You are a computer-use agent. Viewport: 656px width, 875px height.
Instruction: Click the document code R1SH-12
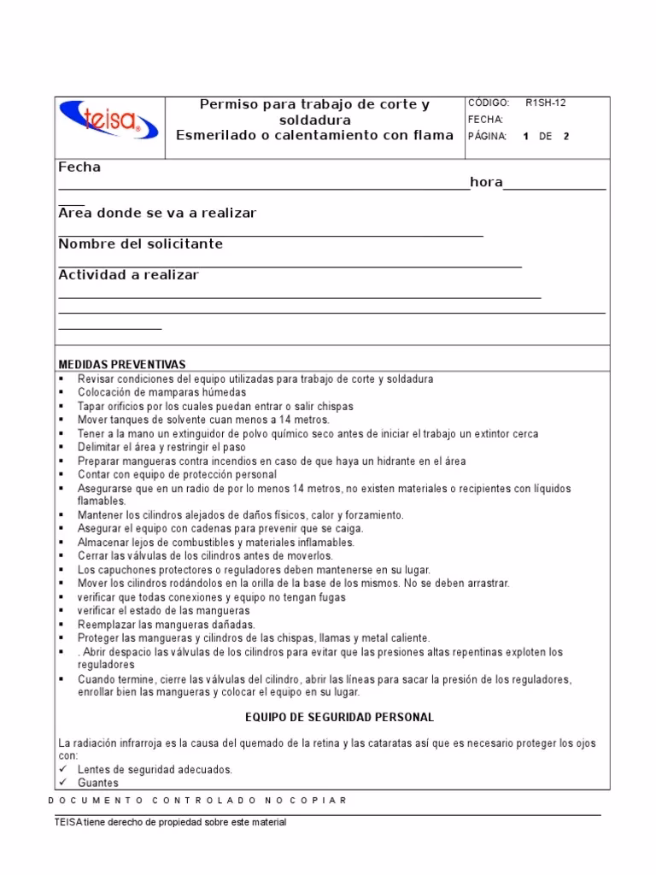[545, 103]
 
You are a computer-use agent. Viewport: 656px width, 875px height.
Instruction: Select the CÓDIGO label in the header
[489, 103]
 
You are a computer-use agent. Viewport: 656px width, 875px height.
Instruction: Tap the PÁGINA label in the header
[488, 137]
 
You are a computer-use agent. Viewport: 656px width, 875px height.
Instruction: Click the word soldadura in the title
[314, 120]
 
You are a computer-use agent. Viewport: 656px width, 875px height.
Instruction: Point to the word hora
[486, 183]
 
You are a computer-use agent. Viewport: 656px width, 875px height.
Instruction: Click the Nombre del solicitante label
[140, 244]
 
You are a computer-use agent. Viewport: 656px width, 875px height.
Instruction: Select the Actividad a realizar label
[128, 275]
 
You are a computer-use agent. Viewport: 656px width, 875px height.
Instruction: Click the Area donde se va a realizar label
[157, 213]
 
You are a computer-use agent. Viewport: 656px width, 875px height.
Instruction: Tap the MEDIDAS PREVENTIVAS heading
[121, 365]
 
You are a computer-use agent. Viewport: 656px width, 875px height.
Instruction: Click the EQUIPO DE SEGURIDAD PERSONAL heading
[340, 717]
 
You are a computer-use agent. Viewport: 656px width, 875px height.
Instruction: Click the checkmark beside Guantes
[62, 783]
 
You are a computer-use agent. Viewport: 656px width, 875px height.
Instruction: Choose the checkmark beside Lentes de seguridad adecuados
[62, 770]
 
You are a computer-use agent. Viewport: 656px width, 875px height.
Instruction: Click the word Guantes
[98, 783]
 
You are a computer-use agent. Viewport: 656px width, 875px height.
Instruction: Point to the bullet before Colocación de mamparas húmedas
[62, 393]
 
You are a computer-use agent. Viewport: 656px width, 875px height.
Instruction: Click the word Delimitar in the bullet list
[100, 448]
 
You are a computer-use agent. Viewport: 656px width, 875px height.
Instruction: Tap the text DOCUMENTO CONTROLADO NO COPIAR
[198, 801]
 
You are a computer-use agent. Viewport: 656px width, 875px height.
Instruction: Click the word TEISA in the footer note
[68, 822]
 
